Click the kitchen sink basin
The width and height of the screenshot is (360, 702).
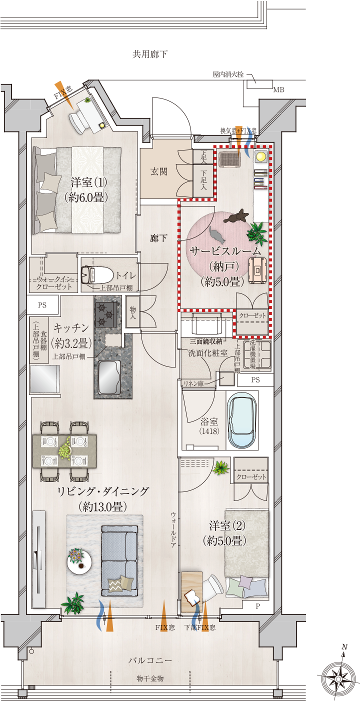109,377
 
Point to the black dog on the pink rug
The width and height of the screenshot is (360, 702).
236,216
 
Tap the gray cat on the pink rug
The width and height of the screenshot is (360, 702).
217,235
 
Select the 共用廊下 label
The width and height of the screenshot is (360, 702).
150,54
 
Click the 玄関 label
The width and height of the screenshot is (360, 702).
159,171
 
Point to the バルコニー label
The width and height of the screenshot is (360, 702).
150,660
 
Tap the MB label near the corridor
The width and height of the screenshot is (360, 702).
278,90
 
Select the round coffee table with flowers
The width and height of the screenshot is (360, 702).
79,561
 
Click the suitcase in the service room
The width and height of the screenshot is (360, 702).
258,271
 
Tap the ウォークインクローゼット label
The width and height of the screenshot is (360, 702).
54,282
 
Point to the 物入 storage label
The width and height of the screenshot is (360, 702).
133,313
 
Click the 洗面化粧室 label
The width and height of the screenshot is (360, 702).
208,353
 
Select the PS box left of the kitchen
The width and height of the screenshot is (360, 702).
42,305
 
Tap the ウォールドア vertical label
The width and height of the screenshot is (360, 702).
173,530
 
